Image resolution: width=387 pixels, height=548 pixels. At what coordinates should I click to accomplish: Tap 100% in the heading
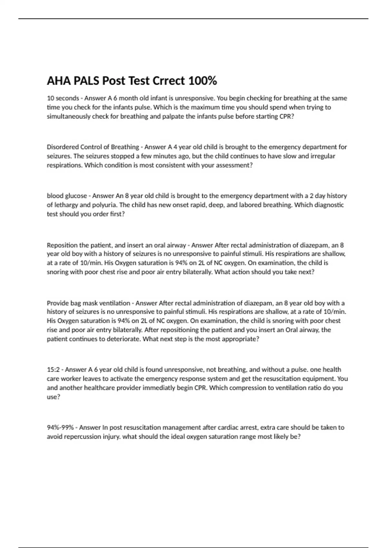click(x=202, y=81)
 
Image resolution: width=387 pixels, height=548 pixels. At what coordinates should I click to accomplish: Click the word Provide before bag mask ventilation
click(x=57, y=303)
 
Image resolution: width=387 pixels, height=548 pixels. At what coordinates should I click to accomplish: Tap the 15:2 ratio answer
click(x=53, y=369)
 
